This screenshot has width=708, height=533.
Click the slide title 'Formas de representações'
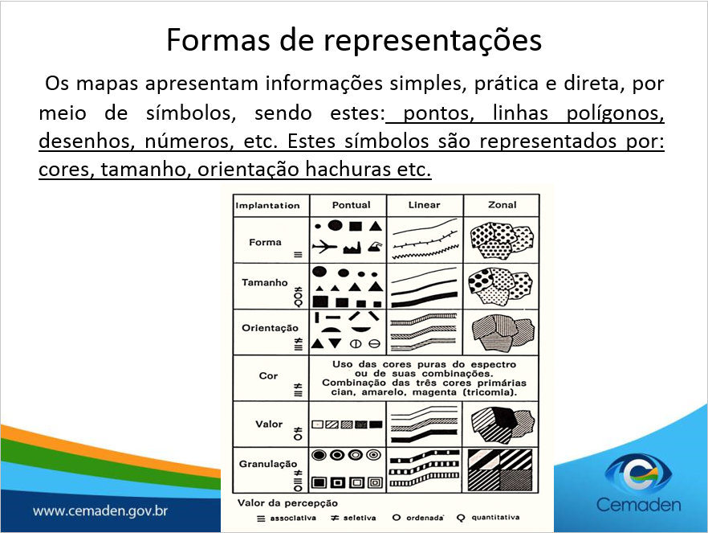[354, 40]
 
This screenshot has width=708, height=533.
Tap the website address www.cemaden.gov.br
[100, 510]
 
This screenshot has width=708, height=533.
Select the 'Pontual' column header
[352, 205]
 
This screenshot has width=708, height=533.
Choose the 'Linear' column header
[424, 205]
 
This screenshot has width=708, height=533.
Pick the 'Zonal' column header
[503, 205]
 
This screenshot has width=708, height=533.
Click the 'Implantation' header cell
[267, 206]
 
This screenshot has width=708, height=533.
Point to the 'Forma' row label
[265, 242]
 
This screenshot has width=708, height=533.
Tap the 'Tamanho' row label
[265, 282]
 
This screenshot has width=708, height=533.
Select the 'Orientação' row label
[270, 328]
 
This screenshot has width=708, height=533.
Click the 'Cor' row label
[268, 375]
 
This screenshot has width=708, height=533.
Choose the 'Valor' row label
[269, 424]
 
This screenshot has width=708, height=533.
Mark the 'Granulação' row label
[268, 464]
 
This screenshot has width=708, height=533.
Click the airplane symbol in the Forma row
[324, 247]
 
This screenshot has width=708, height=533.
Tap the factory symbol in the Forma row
[352, 248]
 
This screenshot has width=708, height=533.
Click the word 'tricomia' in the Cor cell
[489, 392]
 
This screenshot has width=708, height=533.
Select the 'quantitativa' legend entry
[495, 517]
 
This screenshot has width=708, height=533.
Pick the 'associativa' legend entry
[293, 518]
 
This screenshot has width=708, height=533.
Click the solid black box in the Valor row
[376, 424]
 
